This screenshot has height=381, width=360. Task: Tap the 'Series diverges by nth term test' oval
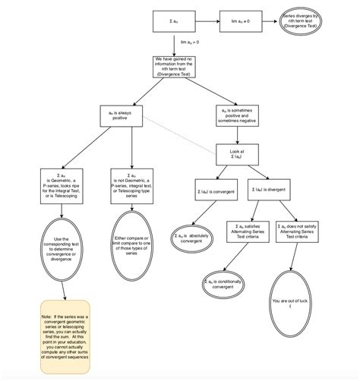[x=302, y=21]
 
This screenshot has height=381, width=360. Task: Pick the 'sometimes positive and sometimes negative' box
[x=238, y=115]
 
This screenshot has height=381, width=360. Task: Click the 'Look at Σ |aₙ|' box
[x=238, y=154]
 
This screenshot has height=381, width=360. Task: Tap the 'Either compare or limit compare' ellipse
[x=134, y=244]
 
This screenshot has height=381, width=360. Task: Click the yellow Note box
[x=65, y=335]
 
